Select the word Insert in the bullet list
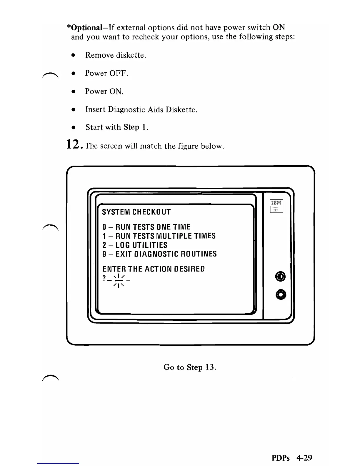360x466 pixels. [95, 109]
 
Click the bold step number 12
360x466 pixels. [72, 144]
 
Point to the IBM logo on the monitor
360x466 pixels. [276, 203]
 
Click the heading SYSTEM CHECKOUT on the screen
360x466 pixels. [136, 212]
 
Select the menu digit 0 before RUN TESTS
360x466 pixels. [104, 227]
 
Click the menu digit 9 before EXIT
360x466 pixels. [104, 254]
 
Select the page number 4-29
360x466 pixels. [304, 458]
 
